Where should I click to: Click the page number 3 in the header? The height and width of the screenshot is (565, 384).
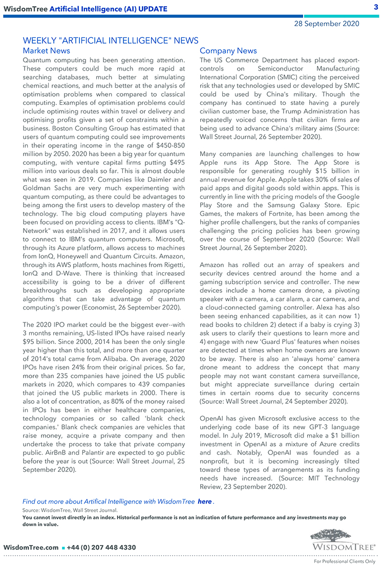[x=375, y=7]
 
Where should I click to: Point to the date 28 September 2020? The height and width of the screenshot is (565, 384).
[x=326, y=24]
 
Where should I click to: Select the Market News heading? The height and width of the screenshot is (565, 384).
[x=47, y=51]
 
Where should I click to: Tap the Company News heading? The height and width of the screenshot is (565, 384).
[x=228, y=51]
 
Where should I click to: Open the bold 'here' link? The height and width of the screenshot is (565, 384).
[x=204, y=502]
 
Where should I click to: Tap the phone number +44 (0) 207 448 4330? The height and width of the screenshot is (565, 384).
[x=101, y=547]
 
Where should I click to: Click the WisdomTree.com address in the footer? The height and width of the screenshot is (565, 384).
[x=31, y=547]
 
